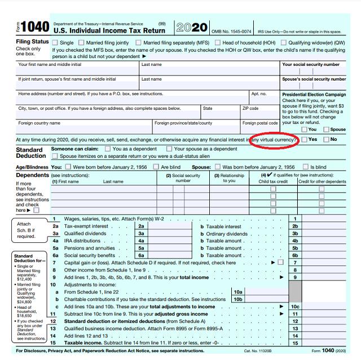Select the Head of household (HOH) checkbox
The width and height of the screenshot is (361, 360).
tap(217, 43)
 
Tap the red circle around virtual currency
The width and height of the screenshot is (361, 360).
tap(275, 139)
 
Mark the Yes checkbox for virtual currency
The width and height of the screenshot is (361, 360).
tap(305, 139)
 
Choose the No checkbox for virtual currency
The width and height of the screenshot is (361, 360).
tap(326, 139)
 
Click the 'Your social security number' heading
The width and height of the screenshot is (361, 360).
tap(314, 65)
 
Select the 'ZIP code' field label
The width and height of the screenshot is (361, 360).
tap(250, 108)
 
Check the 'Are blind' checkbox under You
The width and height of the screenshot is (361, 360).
tap(156, 167)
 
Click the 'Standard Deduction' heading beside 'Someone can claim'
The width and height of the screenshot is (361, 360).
tap(30, 153)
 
